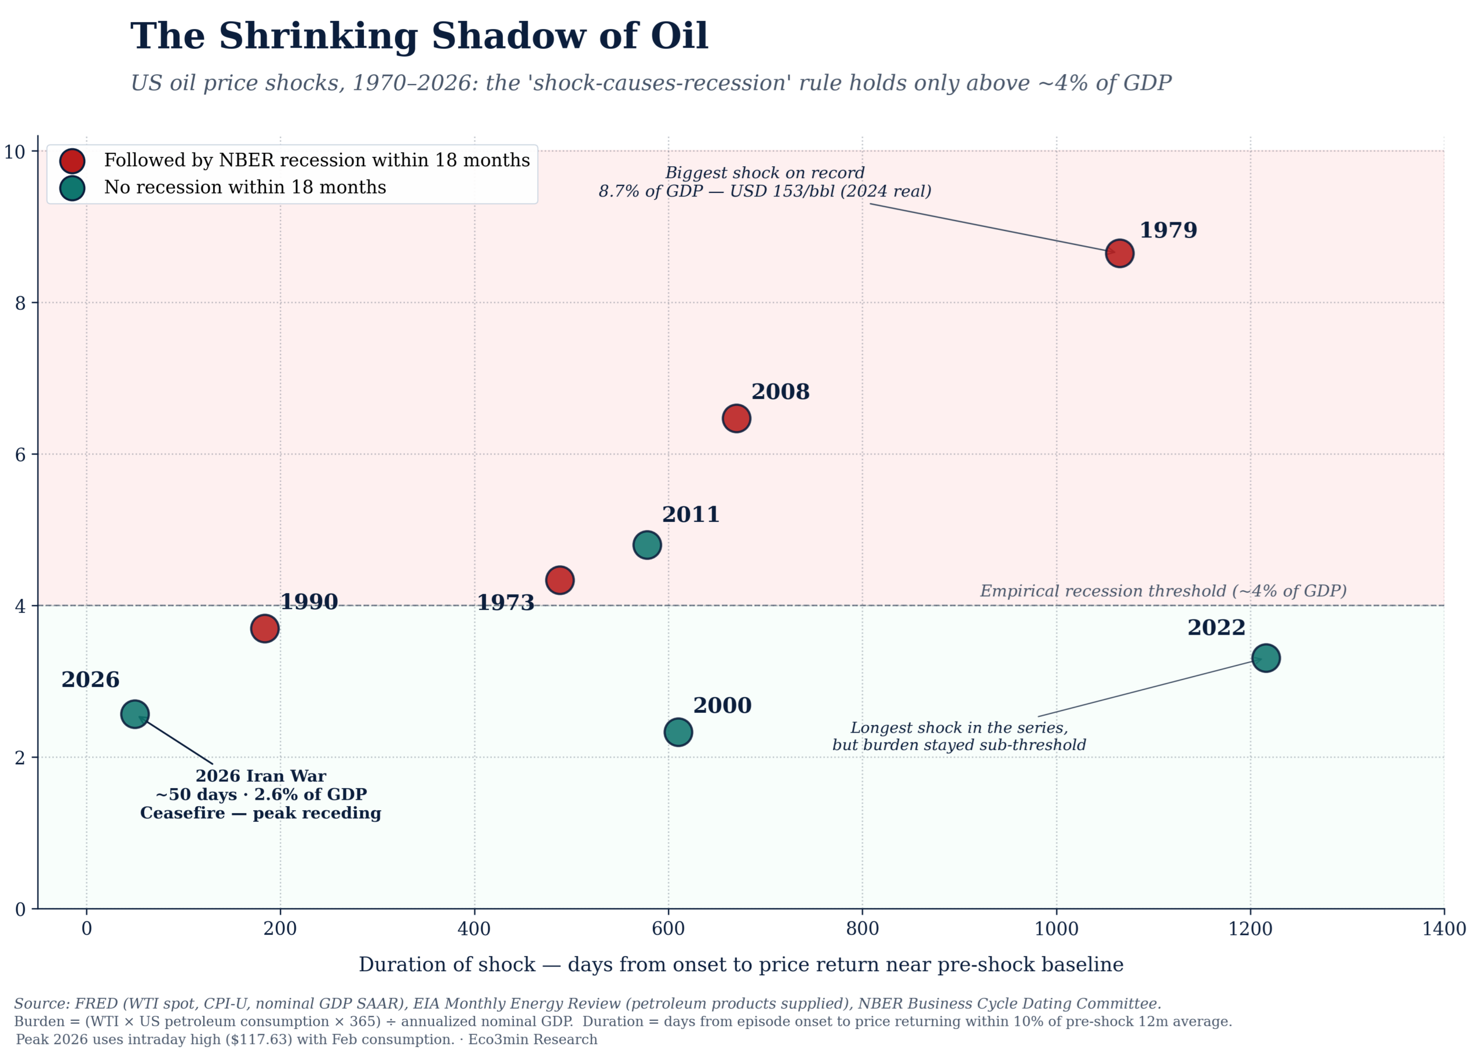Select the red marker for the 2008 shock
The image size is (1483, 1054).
pyautogui.click(x=736, y=418)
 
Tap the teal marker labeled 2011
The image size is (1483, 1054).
pyautogui.click(x=646, y=544)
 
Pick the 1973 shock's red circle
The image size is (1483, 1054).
pyautogui.click(x=560, y=580)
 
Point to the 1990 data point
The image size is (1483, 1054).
pyautogui.click(x=264, y=628)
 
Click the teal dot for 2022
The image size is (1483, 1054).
pyautogui.click(x=1266, y=658)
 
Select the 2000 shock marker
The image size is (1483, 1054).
pyautogui.click(x=678, y=732)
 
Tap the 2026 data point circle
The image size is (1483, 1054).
pyautogui.click(x=134, y=714)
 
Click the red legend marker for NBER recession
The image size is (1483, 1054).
pyautogui.click(x=71, y=160)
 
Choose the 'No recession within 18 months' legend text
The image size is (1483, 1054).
pyautogui.click(x=244, y=188)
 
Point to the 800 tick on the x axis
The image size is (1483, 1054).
pyautogui.click(x=862, y=929)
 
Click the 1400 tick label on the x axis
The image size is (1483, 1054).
pyautogui.click(x=1444, y=929)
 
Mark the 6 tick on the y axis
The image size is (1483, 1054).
pyautogui.click(x=20, y=454)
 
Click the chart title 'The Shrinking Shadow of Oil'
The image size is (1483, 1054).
pyautogui.click(x=419, y=36)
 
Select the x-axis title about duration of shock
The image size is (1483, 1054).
pyautogui.click(x=740, y=964)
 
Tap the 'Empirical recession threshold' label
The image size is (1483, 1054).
pyautogui.click(x=1163, y=591)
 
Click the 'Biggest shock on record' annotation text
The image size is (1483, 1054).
pyautogui.click(x=765, y=173)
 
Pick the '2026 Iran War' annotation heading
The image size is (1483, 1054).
pyautogui.click(x=260, y=776)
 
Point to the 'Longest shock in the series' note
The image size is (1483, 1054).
pyautogui.click(x=959, y=727)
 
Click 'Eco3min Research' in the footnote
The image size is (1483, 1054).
pyautogui.click(x=532, y=1039)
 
